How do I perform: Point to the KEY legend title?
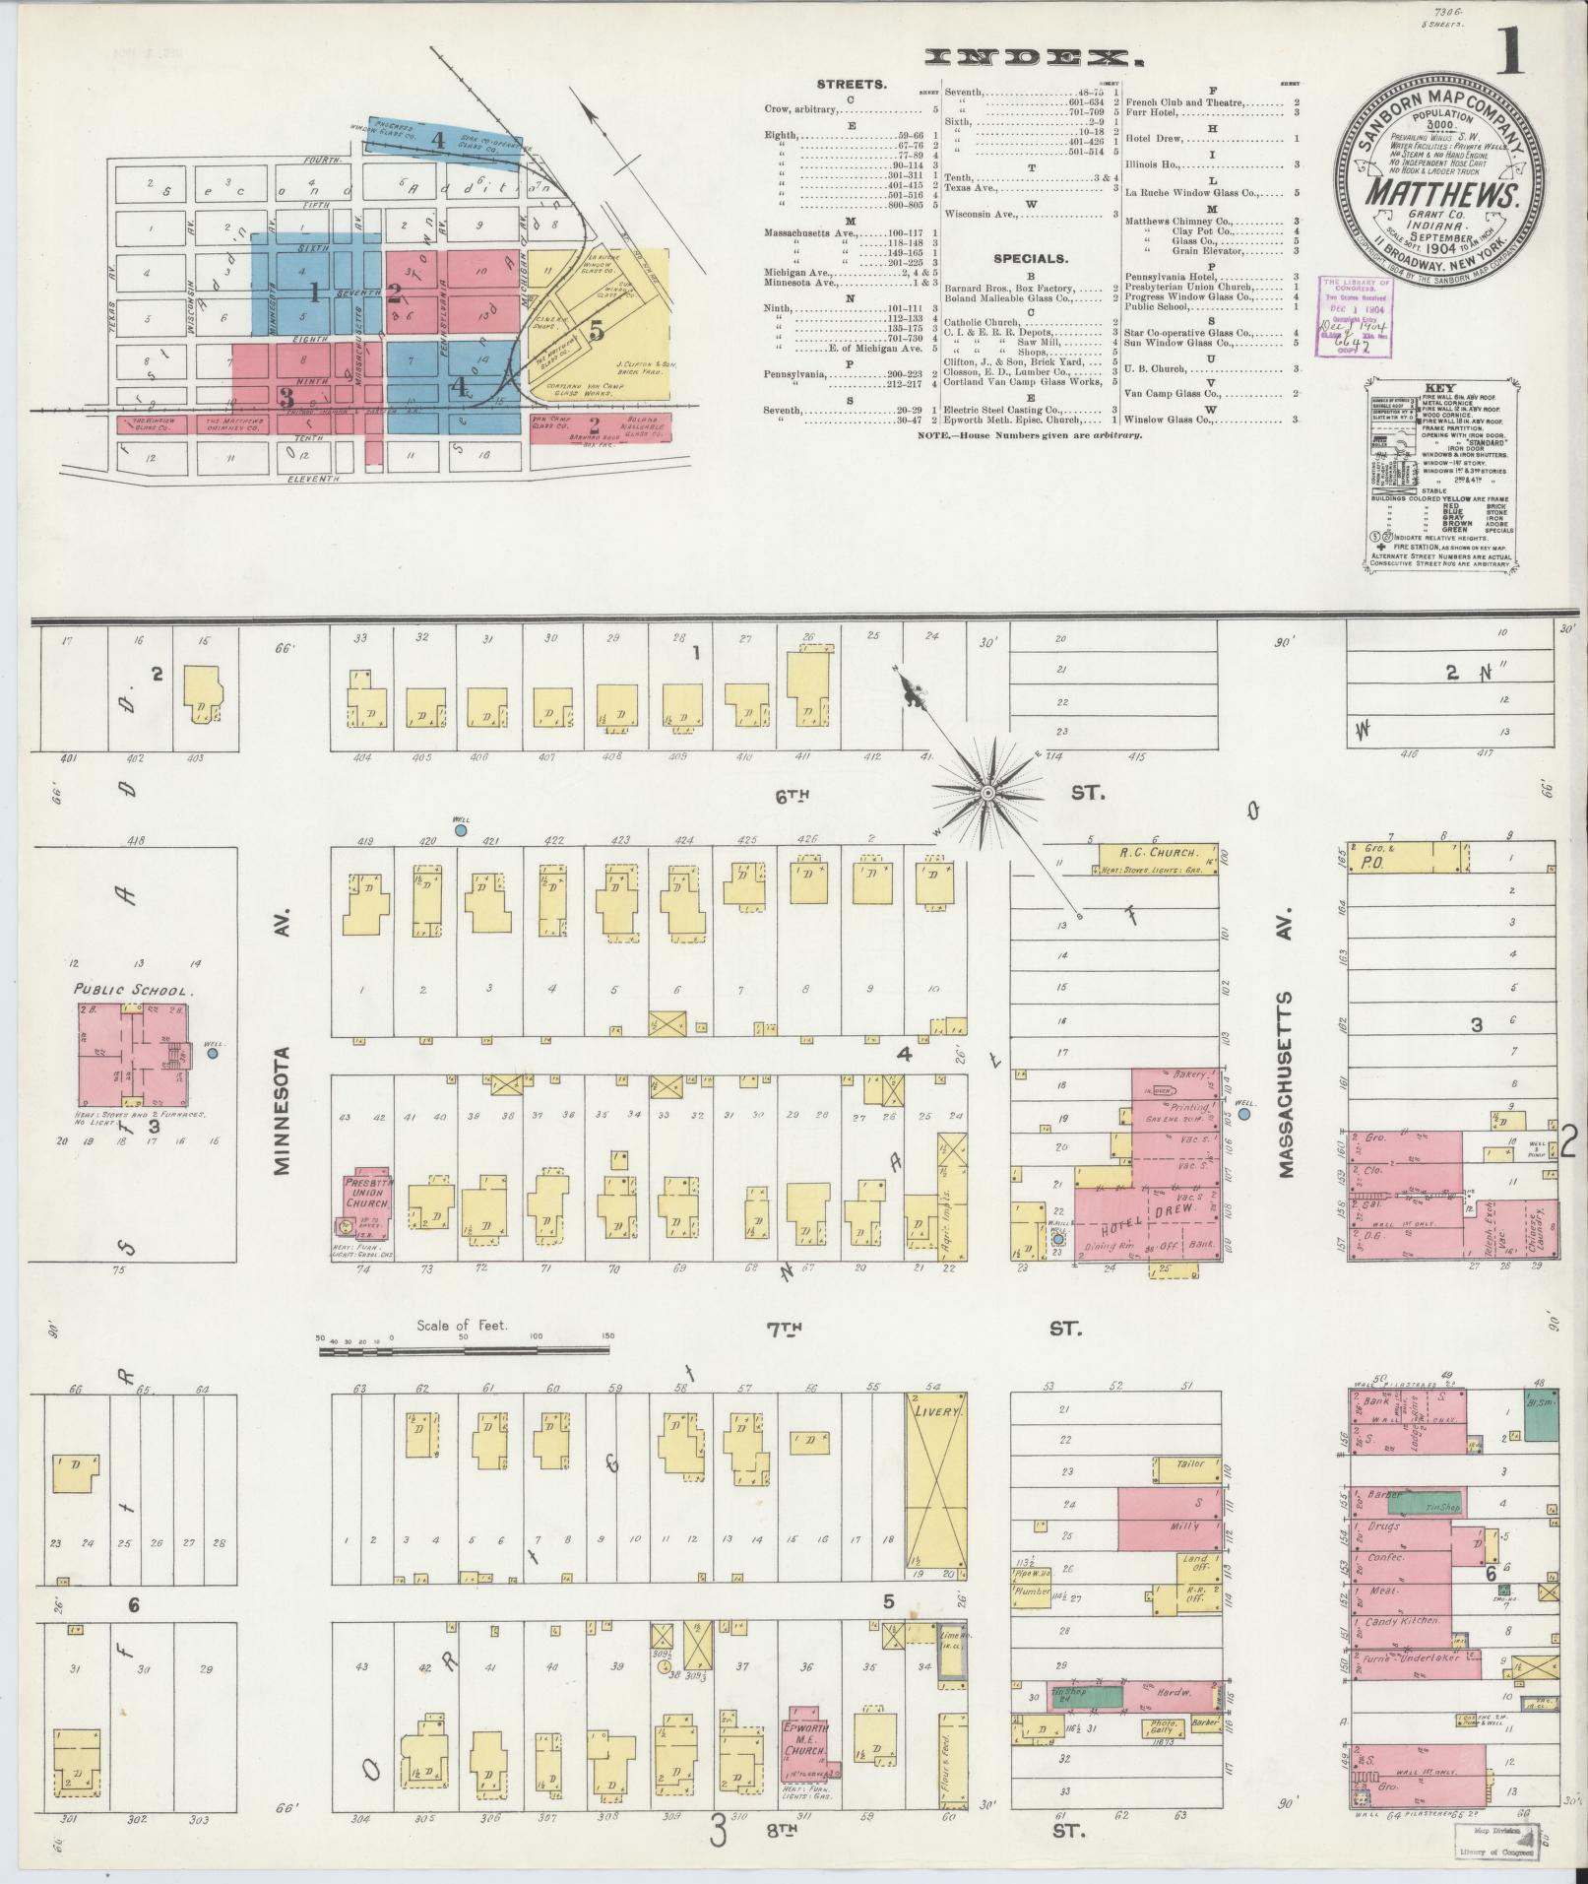coord(1438,388)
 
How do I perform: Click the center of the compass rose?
coord(986,792)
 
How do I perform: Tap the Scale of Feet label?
coord(461,1325)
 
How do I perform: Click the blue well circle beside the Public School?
coord(213,1054)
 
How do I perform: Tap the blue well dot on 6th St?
coord(460,831)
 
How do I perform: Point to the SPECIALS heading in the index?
coord(1032,258)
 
